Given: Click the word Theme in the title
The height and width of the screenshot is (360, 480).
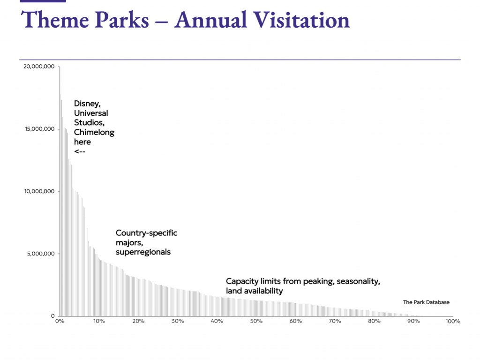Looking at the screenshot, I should [52, 20].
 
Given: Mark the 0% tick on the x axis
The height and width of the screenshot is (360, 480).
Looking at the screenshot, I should [60, 322].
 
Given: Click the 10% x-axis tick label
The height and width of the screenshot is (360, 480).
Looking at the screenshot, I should [98, 322].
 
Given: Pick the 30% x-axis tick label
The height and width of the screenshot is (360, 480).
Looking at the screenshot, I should [177, 322].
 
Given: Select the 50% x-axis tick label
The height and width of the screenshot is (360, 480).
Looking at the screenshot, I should [256, 322].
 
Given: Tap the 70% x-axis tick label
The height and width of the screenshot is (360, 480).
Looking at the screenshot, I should [335, 322].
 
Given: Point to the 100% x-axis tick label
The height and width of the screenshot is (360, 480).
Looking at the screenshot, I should [453, 322].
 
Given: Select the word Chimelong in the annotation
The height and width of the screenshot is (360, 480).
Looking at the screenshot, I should [94, 132].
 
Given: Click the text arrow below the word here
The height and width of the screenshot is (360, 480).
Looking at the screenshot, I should [80, 151].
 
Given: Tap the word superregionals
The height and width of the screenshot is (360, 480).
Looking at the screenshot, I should [143, 252].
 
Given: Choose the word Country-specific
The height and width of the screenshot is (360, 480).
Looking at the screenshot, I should [147, 233].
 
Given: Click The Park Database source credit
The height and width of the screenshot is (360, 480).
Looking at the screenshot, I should [426, 302].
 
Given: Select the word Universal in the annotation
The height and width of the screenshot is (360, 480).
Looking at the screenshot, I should [91, 113].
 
